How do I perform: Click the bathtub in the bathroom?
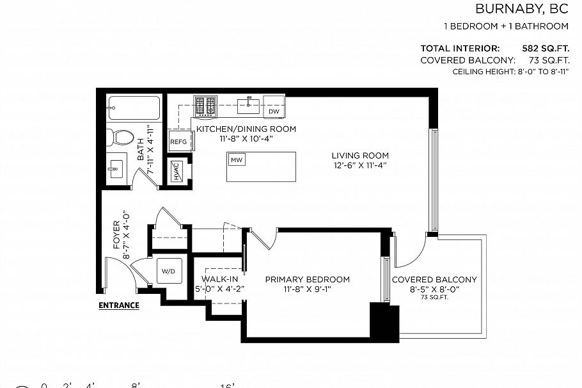point(133,108)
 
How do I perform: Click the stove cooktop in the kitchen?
point(205,105)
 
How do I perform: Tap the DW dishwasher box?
point(274,111)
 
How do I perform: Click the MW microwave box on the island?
point(237,159)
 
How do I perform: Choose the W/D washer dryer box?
point(168,271)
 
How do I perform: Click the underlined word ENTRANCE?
point(118,305)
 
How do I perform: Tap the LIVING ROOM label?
point(359,156)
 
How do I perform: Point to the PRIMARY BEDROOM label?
point(308,280)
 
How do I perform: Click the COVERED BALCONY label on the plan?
point(434,280)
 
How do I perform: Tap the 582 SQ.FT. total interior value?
point(546,48)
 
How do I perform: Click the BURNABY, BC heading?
point(522,9)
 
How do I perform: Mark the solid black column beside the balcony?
point(384,322)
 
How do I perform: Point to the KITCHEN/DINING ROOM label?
point(246,129)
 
